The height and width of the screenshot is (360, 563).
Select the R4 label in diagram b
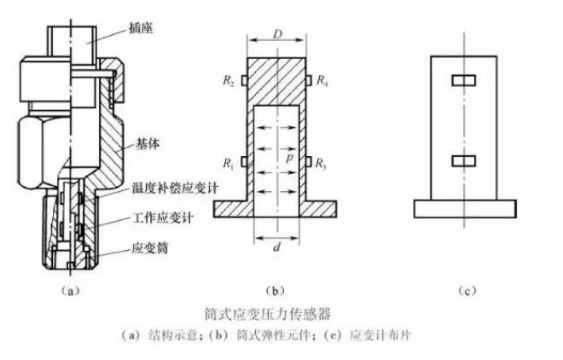(x=322, y=82)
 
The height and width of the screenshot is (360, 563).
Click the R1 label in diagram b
(x=229, y=161)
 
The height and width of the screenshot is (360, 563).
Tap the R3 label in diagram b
(x=322, y=161)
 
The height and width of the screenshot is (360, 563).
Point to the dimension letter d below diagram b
(x=275, y=247)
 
